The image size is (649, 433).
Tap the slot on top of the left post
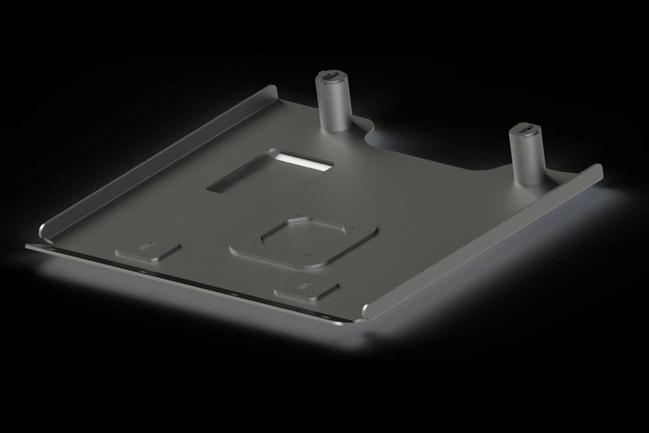[332, 77]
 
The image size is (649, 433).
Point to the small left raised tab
[147, 250]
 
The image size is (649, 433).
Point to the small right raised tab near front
[306, 290]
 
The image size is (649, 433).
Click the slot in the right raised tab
[302, 285]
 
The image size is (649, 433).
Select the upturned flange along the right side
[487, 240]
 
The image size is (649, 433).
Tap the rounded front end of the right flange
[369, 310]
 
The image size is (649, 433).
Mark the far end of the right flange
[597, 170]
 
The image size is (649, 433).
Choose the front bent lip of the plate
[195, 282]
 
